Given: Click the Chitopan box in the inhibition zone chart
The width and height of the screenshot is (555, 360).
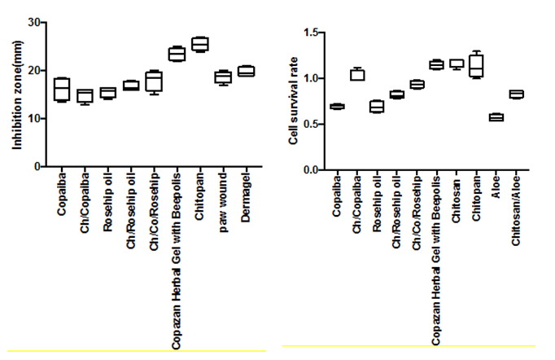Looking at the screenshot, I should coord(200,44).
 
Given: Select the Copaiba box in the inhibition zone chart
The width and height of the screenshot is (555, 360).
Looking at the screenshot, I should coord(62,89).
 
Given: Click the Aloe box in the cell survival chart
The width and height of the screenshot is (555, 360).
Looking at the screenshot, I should coord(496,117).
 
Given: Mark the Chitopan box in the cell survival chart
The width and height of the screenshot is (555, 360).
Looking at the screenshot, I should coord(476,65).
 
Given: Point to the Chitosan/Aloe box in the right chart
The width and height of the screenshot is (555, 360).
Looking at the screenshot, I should coord(516,94).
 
